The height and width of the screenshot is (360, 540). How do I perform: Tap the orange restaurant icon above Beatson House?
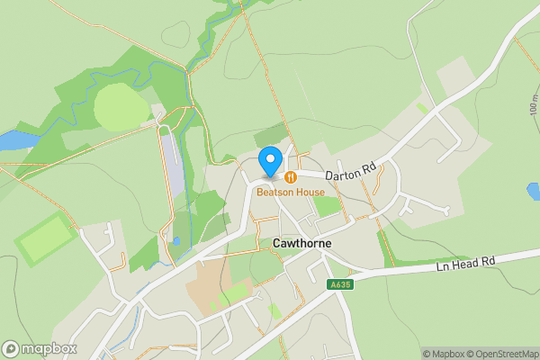tap(292, 177)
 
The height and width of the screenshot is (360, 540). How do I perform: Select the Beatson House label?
tap(290, 192)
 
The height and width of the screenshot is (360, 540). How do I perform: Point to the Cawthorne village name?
tap(301, 243)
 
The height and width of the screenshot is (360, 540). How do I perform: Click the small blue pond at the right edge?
tap(534, 191)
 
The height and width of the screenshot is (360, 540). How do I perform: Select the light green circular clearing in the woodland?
tap(121, 107)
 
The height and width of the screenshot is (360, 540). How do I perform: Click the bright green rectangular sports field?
tap(43, 238)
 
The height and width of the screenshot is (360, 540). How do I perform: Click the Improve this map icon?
tap(532, 354)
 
